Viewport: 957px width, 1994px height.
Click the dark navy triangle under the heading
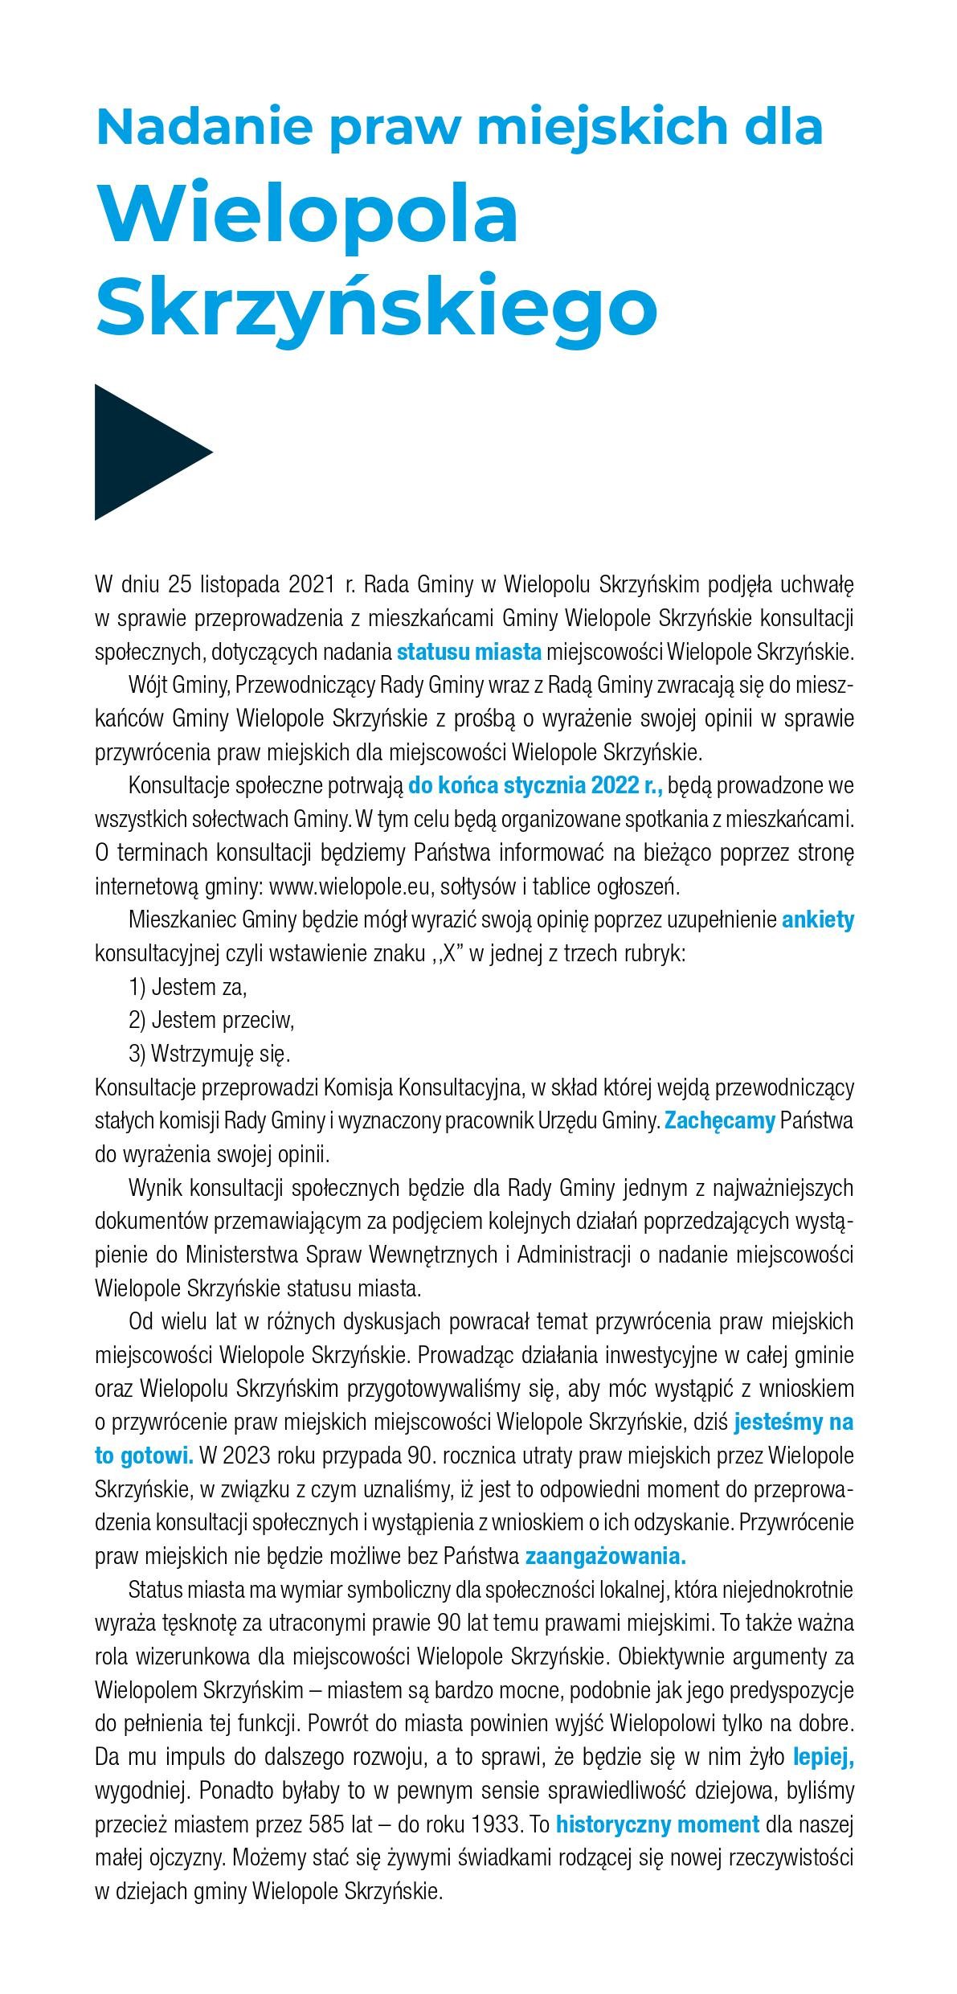pyautogui.click(x=145, y=452)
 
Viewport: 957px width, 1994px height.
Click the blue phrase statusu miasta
pyautogui.click(x=469, y=651)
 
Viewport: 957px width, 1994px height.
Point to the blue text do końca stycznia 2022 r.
pyautogui.click(x=535, y=784)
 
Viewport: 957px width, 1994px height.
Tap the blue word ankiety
pyautogui.click(x=817, y=919)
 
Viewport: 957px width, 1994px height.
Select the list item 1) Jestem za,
pyautogui.click(x=187, y=986)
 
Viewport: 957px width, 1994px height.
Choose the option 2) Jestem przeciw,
pyautogui.click(x=211, y=1020)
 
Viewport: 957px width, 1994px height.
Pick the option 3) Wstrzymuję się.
pyautogui.click(x=209, y=1053)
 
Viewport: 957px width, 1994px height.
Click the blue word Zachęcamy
pyautogui.click(x=719, y=1120)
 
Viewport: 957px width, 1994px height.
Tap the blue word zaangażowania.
pyautogui.click(x=605, y=1556)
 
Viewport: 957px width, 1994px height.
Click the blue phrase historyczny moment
pyautogui.click(x=657, y=1824)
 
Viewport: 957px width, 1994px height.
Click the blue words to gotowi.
pyautogui.click(x=144, y=1456)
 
